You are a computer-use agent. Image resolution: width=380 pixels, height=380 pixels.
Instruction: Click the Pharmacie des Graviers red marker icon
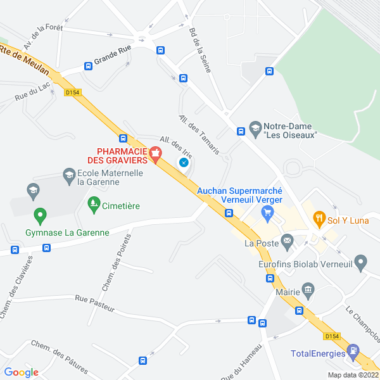[155, 153]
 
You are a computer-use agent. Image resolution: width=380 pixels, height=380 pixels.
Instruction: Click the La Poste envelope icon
[288, 240]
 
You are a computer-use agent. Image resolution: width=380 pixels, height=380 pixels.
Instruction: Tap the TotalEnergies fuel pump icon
[353, 350]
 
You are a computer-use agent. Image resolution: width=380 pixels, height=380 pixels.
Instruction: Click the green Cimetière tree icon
[94, 204]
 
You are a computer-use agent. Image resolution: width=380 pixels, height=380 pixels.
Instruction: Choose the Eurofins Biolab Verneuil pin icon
[361, 261]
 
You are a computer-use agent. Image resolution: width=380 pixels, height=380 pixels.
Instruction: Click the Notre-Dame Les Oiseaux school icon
[255, 127]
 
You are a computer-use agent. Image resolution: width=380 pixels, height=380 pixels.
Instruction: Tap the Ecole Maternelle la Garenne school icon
[69, 174]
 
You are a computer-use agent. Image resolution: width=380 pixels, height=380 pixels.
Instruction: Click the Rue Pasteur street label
[94, 303]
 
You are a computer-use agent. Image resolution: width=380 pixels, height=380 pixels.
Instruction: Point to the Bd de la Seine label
[199, 49]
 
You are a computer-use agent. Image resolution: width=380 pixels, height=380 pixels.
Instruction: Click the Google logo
[21, 372]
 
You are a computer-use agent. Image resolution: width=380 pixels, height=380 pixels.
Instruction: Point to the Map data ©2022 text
[352, 375]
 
